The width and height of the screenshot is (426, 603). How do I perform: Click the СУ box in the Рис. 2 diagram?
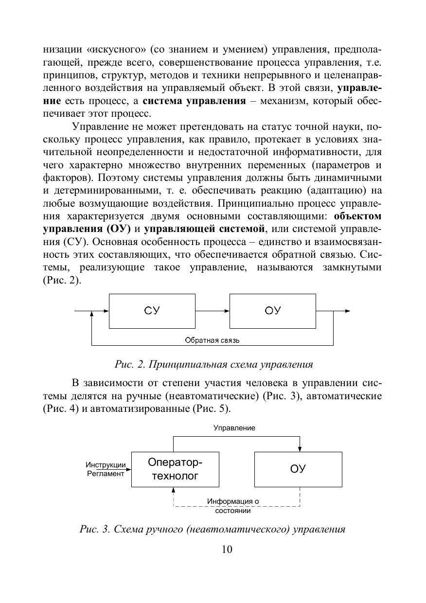point(152,311)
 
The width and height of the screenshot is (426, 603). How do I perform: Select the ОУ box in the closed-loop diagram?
point(273,311)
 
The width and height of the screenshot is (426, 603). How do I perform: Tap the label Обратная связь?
point(212,340)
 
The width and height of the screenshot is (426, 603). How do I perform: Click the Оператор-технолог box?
point(175,469)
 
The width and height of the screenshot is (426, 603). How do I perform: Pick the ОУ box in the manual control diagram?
point(298,469)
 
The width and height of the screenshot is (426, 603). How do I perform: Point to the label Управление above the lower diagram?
point(234,428)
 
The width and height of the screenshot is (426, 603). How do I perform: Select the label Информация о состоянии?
point(233,506)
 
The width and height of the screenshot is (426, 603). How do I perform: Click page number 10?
point(213,550)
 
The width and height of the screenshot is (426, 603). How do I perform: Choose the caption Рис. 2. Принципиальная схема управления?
point(213,364)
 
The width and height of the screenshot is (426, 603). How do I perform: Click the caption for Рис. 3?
point(213,529)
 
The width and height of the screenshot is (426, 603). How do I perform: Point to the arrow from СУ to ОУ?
point(213,311)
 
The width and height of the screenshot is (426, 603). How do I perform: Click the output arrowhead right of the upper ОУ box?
point(347,311)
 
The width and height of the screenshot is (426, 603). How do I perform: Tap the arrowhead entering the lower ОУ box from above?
point(300,448)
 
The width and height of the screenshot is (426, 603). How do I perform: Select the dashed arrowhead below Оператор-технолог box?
point(174,490)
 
